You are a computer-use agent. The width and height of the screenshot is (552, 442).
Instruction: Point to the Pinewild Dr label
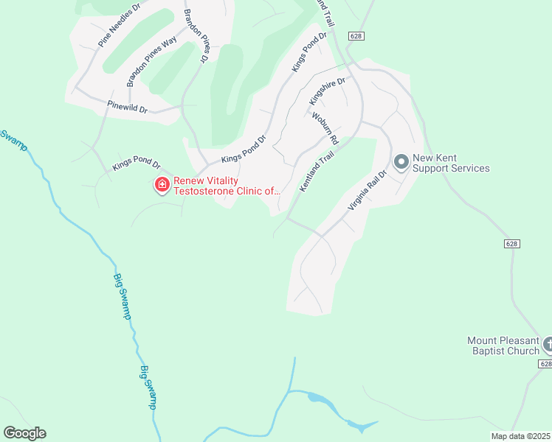pos(128,108)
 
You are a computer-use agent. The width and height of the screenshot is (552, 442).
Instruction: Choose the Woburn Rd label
pos(325,128)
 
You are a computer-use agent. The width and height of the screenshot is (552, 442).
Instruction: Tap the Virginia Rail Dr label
pos(368,192)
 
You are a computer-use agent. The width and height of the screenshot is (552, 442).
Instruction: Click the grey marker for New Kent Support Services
pos(401,161)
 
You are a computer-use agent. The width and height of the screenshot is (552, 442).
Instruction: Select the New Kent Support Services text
pos(450,163)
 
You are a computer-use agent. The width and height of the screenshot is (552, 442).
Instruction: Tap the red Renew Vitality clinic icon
pos(161,184)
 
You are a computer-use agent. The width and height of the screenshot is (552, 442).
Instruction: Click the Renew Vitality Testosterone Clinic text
pos(227,186)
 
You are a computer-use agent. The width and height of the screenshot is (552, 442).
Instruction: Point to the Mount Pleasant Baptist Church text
pos(503,345)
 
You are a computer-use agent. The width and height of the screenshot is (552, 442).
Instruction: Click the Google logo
pos(24,433)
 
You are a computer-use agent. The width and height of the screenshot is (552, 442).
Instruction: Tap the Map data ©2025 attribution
pos(520,436)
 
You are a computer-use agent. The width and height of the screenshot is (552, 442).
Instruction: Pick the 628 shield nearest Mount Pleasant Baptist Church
pos(545,364)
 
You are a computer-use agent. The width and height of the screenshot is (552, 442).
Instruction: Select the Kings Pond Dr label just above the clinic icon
pos(137,164)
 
